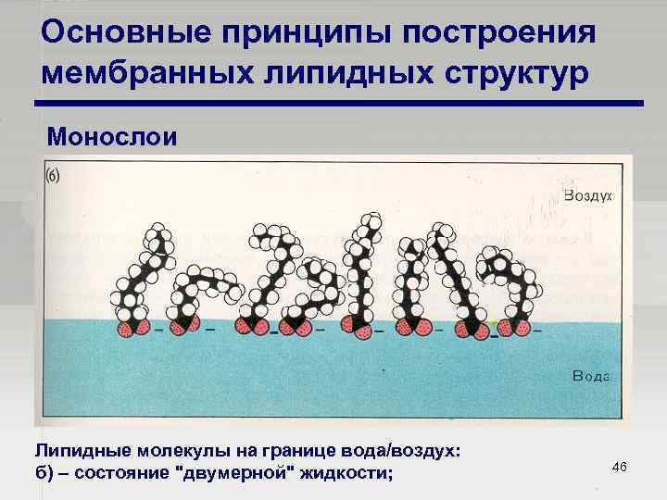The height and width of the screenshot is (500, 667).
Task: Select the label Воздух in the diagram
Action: (589, 196)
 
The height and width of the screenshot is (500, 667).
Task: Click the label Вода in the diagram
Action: (591, 376)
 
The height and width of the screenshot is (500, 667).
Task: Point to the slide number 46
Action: (620, 466)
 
